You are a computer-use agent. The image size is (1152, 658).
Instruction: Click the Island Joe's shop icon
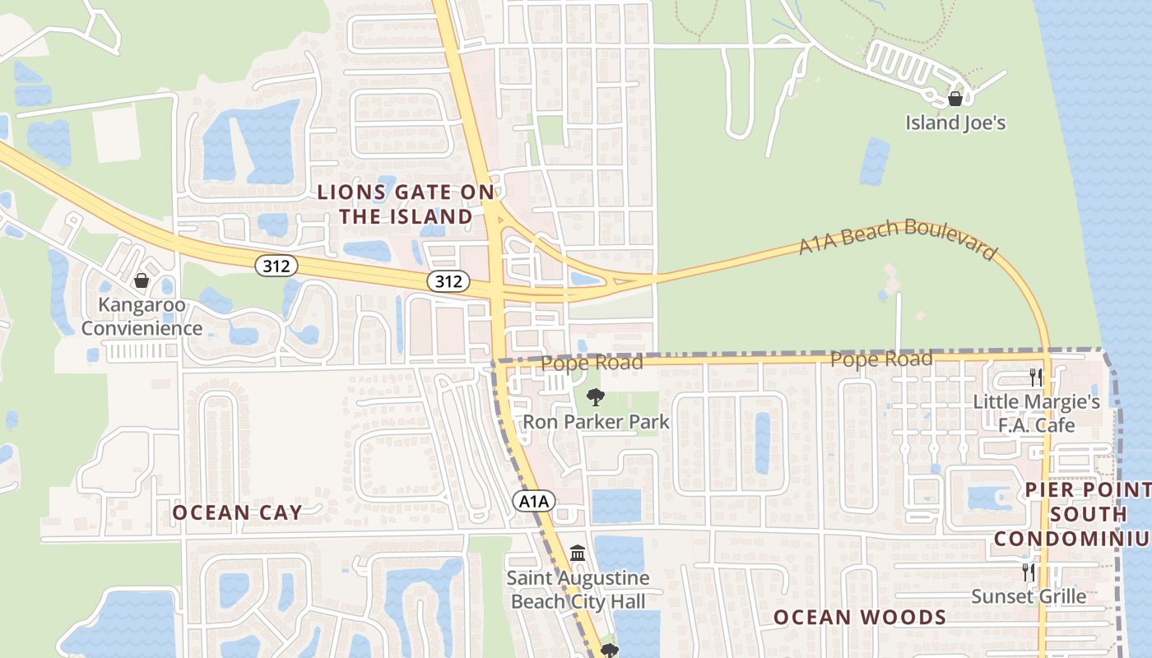tap(955, 100)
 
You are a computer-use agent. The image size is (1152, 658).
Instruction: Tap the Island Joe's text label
tap(955, 123)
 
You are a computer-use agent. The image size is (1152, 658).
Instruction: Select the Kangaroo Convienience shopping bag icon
tap(142, 281)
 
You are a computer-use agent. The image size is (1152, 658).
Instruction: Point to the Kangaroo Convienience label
tap(142, 317)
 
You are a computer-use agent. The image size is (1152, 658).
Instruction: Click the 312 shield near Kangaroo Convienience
tap(276, 266)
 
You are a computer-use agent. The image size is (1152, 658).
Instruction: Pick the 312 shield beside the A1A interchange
tap(448, 281)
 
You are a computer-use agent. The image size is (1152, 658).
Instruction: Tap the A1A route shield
tap(535, 501)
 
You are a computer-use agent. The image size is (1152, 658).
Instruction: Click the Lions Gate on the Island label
tap(406, 205)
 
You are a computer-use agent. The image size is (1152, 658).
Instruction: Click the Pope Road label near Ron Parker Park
tap(592, 363)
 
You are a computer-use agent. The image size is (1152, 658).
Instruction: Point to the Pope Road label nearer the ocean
tap(881, 359)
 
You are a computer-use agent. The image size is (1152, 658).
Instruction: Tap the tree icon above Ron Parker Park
tap(596, 398)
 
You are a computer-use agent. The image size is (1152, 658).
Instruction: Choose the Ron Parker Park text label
tap(597, 422)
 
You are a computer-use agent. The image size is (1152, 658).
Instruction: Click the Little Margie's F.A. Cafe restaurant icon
tap(1036, 378)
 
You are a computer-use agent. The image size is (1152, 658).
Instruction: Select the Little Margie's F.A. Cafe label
tap(1036, 414)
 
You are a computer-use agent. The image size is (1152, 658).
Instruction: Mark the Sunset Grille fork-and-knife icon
tap(1029, 572)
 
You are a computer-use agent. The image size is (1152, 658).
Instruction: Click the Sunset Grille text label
tap(1029, 596)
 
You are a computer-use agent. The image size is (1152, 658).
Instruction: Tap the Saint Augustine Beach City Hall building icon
tap(578, 554)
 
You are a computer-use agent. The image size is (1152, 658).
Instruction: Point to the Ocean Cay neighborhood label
tap(237, 512)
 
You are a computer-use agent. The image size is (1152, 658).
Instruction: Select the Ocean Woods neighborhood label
tap(860, 617)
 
